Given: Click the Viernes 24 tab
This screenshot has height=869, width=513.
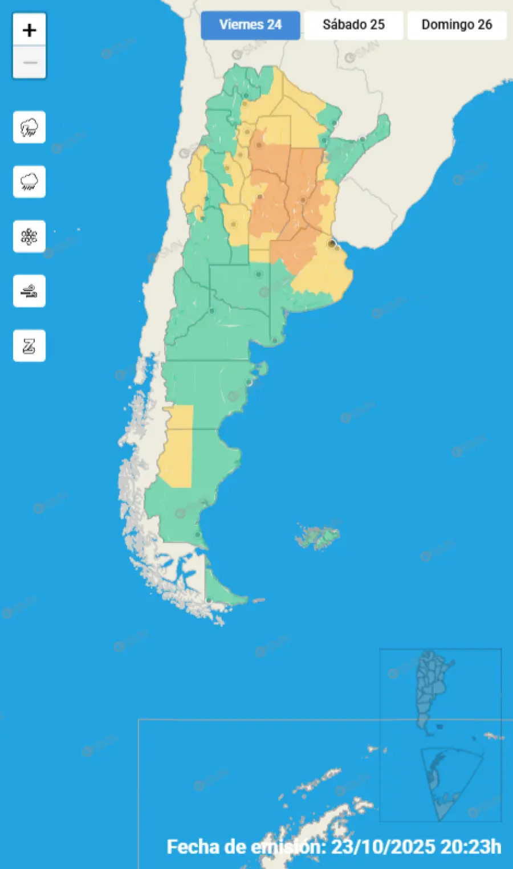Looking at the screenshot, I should [250, 25].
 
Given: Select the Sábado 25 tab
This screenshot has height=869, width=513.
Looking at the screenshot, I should [353, 25].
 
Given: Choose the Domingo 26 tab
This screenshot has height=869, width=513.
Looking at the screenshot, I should [457, 25].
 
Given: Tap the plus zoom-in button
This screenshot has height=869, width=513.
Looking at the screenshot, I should [29, 30].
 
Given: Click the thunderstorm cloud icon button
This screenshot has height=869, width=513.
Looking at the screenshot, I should [29, 127].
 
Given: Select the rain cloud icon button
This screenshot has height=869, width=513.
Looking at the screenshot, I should [29, 182].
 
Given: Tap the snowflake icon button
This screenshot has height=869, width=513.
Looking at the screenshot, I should [29, 236].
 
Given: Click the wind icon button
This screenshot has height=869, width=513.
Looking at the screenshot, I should [29, 291].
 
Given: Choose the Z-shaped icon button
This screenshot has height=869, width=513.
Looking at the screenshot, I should [29, 346].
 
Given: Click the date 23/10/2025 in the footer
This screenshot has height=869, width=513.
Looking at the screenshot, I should [383, 847].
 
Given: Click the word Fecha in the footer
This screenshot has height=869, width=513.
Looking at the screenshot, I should [191, 847].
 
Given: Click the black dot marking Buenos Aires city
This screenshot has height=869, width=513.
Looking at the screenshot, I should [331, 244].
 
